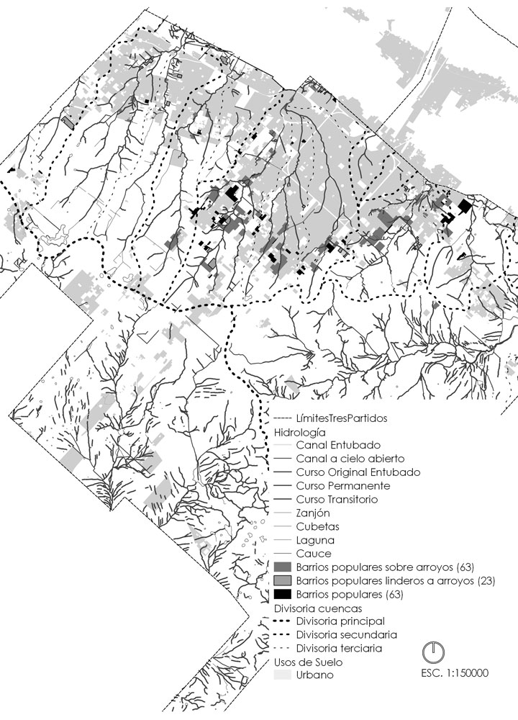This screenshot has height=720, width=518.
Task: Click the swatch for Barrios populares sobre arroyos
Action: pos(282,567)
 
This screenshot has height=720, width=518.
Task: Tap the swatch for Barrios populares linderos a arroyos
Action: pos(282,581)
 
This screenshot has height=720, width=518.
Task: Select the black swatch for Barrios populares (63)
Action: pos(282,595)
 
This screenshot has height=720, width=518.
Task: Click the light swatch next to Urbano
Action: pos(282,675)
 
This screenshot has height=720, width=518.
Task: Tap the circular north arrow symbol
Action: pos(433,652)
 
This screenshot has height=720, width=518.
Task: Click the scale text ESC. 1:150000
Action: pos(454,674)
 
